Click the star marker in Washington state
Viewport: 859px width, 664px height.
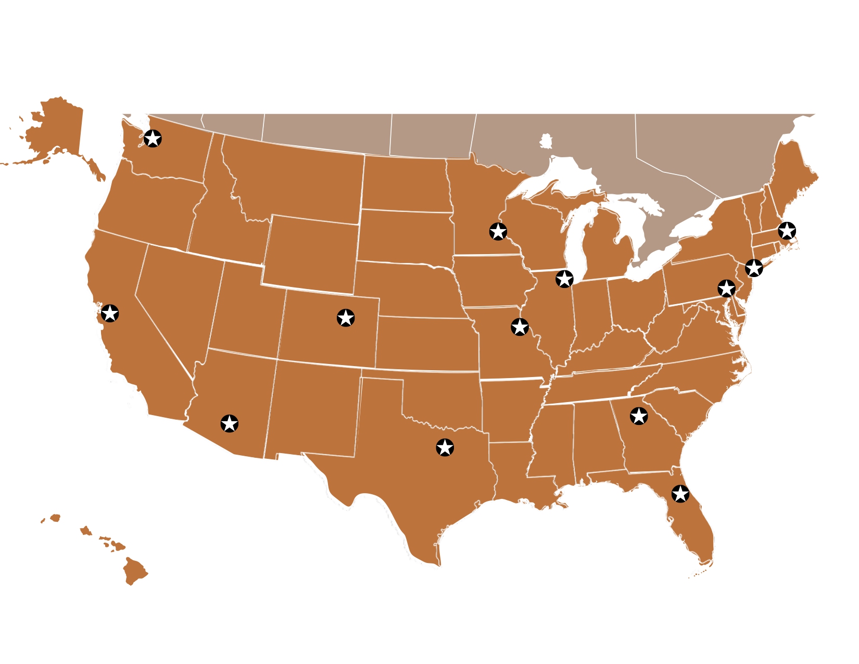153,139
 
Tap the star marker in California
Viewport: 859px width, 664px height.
110,314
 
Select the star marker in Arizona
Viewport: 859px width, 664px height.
230,423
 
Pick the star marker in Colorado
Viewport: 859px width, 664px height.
346,318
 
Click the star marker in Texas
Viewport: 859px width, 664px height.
445,447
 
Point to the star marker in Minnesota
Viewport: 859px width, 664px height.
498,231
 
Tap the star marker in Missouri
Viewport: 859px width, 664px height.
520,327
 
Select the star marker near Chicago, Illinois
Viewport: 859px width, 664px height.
564,279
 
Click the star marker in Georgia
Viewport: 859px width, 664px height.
639,416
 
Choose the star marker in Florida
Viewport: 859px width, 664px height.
680,493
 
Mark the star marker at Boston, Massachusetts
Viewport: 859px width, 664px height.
787,230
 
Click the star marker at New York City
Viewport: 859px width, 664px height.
754,268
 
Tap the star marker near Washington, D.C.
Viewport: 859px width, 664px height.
726,288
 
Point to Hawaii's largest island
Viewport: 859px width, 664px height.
135,571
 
